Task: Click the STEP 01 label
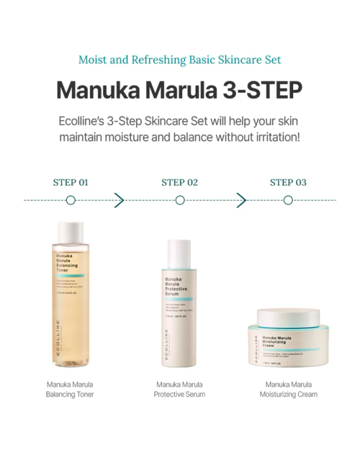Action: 70,183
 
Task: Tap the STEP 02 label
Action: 179,183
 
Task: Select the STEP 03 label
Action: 288,183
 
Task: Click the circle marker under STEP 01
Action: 71,201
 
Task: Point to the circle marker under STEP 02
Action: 180,201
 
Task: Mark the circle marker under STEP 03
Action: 288,201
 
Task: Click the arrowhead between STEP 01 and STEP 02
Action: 119,201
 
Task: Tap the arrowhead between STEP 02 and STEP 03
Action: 242,201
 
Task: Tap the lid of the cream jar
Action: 288,318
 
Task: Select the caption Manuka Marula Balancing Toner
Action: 70,389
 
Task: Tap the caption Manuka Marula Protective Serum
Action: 180,389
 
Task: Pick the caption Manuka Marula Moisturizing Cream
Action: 288,389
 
